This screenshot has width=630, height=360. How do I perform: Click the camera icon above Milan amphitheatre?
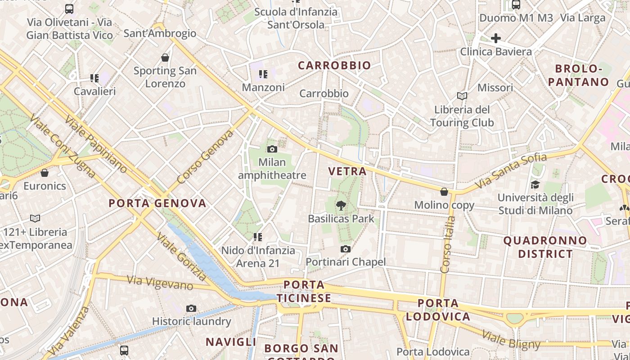(x=272, y=149)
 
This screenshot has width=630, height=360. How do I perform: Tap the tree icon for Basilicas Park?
(x=341, y=206)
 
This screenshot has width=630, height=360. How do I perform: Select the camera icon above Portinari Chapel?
(x=345, y=249)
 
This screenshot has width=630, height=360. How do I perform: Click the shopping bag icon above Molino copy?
(x=444, y=192)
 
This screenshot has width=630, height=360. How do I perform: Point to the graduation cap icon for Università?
(x=535, y=184)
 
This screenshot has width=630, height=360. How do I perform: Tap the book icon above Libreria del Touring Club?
(x=462, y=96)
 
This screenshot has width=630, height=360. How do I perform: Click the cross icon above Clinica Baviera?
(x=495, y=38)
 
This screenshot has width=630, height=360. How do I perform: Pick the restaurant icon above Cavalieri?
(x=94, y=78)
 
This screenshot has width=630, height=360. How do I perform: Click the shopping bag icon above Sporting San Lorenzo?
(x=165, y=58)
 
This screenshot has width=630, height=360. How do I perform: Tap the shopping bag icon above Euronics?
(x=45, y=173)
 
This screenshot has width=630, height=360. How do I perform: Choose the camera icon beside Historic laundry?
(x=191, y=308)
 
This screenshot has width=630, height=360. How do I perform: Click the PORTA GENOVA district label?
(x=157, y=203)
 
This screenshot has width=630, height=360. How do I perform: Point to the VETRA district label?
(x=347, y=171)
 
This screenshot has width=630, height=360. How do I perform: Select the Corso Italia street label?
(x=448, y=245)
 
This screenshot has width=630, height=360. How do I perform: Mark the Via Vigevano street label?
(x=160, y=283)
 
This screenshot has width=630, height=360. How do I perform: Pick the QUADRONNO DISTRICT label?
(x=545, y=247)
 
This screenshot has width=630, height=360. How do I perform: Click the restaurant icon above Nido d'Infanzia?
(x=258, y=237)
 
